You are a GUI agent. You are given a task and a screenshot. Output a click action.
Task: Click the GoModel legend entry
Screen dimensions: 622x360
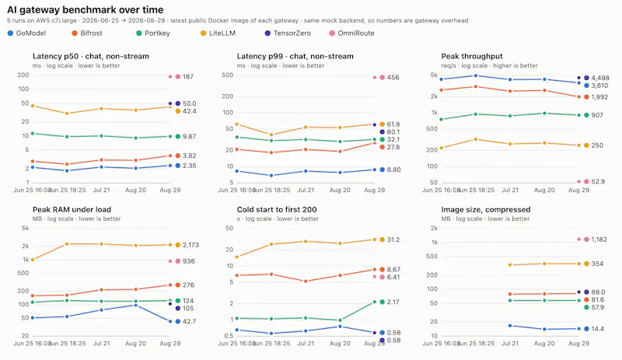click(x=26, y=33)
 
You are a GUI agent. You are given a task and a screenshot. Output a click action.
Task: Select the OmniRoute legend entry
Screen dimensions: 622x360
click(x=351, y=33)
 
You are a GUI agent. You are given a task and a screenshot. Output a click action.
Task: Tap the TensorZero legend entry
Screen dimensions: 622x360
click(x=288, y=33)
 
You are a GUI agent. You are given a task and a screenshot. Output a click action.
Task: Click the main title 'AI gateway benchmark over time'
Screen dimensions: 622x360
click(x=86, y=9)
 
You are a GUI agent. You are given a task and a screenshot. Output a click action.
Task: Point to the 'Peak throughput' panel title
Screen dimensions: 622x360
click(x=472, y=56)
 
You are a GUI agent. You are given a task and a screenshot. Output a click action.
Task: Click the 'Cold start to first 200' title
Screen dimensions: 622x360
click(x=277, y=210)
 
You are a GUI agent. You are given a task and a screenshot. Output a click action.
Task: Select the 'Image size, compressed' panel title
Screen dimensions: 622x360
click(x=485, y=210)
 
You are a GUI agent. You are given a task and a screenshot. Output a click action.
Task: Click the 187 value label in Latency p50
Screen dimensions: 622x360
click(x=188, y=77)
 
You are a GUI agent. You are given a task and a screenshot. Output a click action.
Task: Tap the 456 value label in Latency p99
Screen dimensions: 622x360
click(x=393, y=78)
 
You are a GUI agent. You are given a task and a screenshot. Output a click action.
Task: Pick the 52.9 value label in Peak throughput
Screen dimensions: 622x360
click(x=598, y=182)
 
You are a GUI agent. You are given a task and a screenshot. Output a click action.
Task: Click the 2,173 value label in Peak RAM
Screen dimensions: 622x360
click(x=190, y=245)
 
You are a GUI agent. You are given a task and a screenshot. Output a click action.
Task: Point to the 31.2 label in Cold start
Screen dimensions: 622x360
click(x=393, y=239)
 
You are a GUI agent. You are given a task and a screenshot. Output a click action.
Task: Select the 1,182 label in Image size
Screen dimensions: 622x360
click(x=599, y=239)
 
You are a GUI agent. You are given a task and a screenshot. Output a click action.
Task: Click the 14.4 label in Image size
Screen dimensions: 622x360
click(x=597, y=329)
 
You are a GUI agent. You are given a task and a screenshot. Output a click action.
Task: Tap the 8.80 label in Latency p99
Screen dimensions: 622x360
click(x=393, y=170)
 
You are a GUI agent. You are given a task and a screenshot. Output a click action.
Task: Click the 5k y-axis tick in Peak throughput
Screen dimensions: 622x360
click(x=434, y=75)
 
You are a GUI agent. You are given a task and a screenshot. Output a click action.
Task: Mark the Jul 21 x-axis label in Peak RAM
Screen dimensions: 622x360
click(x=102, y=344)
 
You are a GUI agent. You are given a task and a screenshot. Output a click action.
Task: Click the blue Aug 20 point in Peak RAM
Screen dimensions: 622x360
click(x=135, y=306)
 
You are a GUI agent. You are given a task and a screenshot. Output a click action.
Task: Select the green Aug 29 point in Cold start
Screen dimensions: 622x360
click(x=375, y=302)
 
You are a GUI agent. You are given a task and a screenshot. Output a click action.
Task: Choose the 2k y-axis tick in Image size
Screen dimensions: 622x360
click(x=434, y=229)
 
